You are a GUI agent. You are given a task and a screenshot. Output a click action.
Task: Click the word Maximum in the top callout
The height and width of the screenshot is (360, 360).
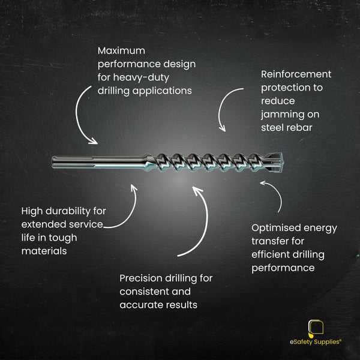tap(121, 51)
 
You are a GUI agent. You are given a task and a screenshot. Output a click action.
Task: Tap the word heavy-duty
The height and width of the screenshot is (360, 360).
tap(141, 77)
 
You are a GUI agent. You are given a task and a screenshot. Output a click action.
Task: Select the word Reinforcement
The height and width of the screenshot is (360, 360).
tap(296, 74)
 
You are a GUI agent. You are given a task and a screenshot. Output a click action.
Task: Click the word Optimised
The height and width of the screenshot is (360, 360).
tap(276, 228)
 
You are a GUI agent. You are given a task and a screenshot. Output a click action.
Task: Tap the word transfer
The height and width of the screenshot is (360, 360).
tap(269, 241)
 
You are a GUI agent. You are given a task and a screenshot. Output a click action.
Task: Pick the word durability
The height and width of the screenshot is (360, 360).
tap(68, 211)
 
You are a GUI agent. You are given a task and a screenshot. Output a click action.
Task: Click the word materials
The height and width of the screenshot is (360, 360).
tap(44, 251)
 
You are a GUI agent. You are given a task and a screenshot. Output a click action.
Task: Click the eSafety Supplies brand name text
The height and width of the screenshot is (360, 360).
tap(315, 342)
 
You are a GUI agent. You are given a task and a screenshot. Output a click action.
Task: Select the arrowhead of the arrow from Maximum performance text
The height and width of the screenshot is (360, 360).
tap(93, 141)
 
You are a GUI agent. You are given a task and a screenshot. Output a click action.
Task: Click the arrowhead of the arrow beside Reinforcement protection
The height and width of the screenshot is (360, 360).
tap(222, 128)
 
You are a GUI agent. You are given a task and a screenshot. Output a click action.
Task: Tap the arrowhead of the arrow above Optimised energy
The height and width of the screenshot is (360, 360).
tap(263, 183)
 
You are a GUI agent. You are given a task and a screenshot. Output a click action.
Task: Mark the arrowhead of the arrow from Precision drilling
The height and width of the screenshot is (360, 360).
tap(197, 190)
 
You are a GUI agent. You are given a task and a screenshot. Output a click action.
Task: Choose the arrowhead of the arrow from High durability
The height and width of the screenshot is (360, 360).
tap(134, 188)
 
